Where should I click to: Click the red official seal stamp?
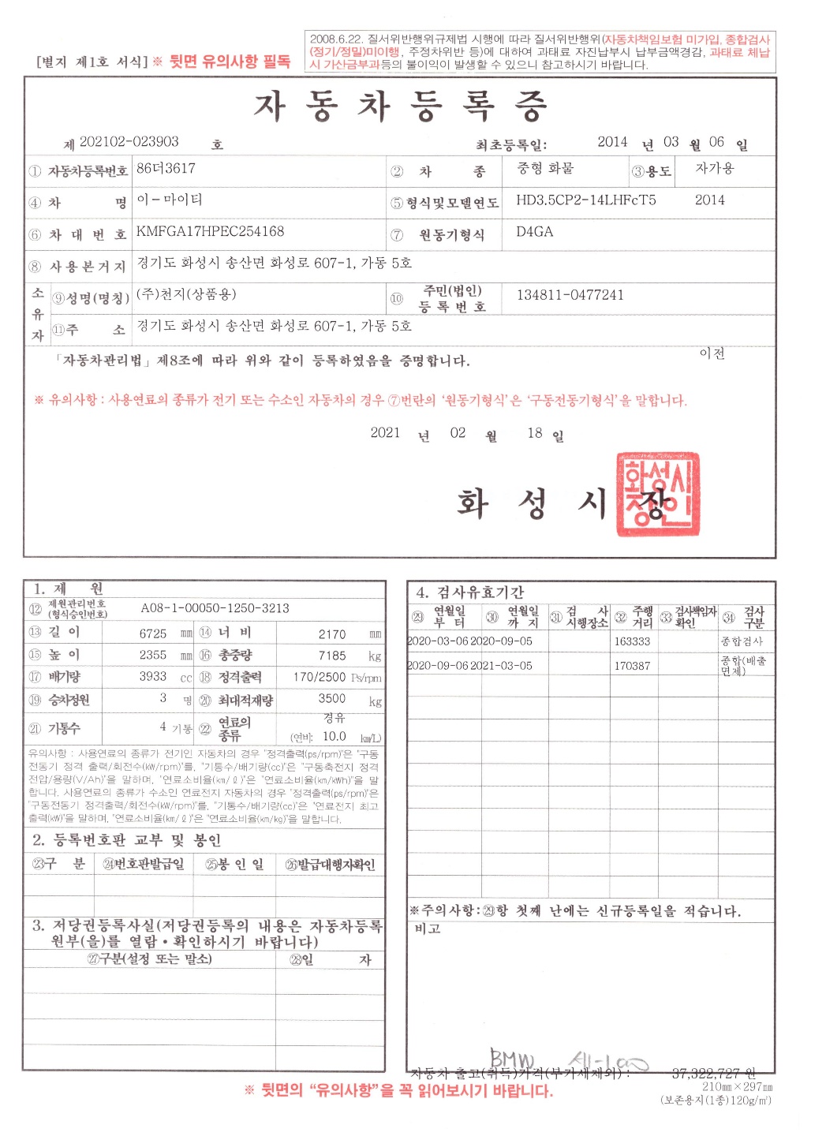point(657,495)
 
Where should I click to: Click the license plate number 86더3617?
point(166,168)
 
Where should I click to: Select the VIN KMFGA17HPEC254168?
point(210,231)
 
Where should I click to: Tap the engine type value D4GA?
point(534,231)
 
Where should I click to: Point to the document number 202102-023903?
point(129,142)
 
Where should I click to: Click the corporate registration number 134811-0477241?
point(570,295)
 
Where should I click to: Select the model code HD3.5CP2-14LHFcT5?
point(585,200)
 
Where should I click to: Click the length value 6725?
point(153,633)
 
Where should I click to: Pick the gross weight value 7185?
point(332,656)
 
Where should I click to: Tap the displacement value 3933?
point(153,677)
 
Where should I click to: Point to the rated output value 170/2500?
point(320,677)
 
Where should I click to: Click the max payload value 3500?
point(332,698)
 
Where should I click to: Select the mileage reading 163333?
point(632,641)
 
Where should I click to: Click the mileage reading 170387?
point(632,666)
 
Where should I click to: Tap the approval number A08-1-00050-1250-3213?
point(215,608)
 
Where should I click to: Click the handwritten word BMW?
point(512,1058)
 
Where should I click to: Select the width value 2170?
point(332,634)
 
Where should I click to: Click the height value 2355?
point(153,656)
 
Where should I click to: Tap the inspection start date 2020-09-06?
point(438,666)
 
